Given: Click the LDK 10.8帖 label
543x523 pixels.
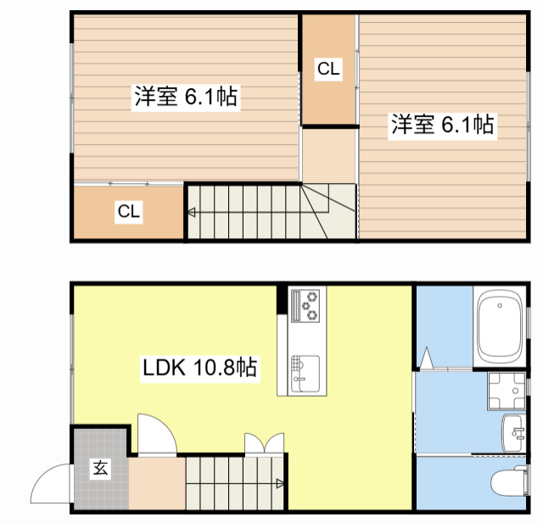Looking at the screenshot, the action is pyautogui.click(x=200, y=367).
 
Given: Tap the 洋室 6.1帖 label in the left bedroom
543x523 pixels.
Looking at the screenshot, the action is pyautogui.click(x=186, y=96).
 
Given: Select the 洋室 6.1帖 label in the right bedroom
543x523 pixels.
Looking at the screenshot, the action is pyautogui.click(x=442, y=125).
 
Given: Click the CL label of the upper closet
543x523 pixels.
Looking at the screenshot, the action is pyautogui.click(x=328, y=69).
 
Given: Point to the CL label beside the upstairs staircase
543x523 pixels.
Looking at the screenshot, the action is pyautogui.click(x=129, y=211).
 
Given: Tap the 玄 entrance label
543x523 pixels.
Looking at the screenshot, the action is pyautogui.click(x=100, y=469).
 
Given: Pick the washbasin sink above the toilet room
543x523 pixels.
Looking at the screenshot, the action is pyautogui.click(x=513, y=433).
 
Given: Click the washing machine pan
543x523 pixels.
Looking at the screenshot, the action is pyautogui.click(x=507, y=391).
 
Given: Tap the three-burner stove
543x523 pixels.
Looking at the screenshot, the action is pyautogui.click(x=305, y=306).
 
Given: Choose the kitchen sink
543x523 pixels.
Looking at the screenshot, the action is pyautogui.click(x=305, y=374).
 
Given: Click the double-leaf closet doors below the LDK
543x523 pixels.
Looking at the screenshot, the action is pyautogui.click(x=264, y=443).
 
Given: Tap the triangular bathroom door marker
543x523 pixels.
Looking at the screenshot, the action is pyautogui.click(x=426, y=358).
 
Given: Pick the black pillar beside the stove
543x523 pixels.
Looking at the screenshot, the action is pyautogui.click(x=283, y=299).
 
